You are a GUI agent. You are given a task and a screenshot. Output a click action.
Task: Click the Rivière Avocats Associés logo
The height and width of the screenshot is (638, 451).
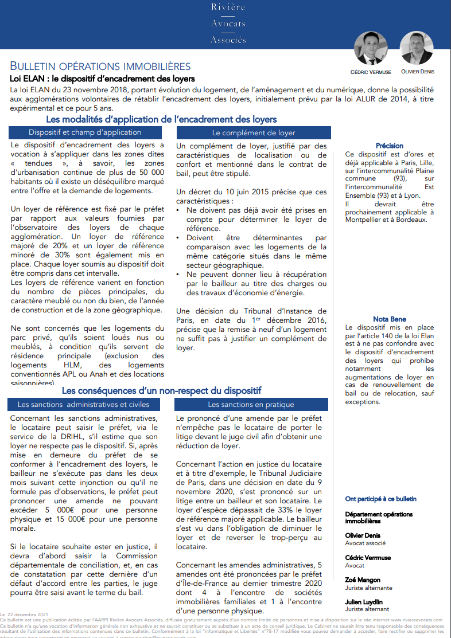[228, 24]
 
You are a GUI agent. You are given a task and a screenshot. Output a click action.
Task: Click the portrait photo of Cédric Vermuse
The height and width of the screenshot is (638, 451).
[371, 48]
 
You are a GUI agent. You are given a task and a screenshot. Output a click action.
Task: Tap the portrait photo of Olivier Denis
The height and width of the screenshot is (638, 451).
[416, 48]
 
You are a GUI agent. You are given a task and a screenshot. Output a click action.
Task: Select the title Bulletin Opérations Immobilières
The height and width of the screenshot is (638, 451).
[100, 67]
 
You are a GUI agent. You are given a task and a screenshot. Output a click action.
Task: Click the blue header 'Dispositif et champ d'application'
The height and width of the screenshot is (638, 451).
[84, 132]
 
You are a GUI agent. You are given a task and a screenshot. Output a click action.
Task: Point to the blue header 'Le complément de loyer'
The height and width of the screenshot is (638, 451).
[253, 133]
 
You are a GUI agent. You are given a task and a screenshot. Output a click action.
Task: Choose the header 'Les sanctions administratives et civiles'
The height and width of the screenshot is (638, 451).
[83, 404]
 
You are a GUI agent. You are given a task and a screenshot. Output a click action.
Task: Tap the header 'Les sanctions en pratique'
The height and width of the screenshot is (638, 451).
[250, 404]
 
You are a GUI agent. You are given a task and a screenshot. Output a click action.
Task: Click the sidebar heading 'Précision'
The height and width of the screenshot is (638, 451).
[390, 146]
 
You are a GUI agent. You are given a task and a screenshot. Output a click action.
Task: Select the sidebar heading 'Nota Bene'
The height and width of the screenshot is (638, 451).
[390, 319]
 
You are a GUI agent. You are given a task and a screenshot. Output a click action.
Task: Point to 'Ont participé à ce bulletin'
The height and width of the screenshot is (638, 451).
[381, 499]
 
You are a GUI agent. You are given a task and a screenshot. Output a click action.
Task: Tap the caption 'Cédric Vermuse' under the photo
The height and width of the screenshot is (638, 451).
[371, 72]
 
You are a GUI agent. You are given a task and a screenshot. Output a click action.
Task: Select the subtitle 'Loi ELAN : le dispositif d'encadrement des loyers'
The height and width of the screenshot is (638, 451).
[103, 79]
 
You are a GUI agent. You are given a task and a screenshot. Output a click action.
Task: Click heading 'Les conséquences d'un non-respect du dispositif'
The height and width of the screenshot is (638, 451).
[161, 390]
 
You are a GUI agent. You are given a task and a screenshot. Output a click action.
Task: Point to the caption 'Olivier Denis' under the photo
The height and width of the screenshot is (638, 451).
[417, 72]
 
